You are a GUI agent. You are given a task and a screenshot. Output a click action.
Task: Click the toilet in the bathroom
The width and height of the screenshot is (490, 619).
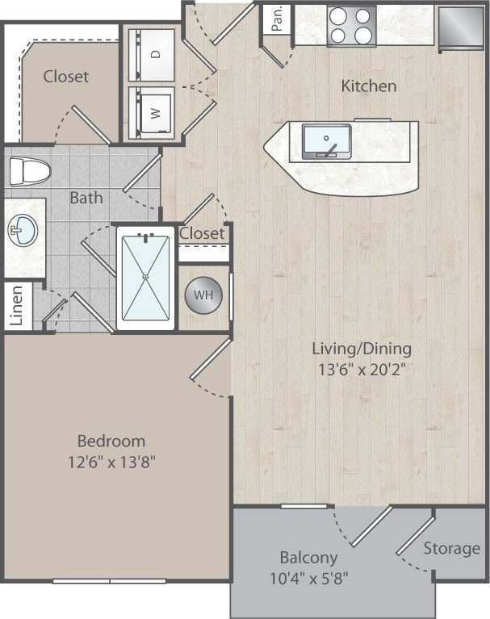29,171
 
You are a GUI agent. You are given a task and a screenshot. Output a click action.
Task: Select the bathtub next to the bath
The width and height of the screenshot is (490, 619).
145,278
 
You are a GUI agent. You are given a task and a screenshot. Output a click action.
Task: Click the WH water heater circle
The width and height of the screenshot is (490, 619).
203,295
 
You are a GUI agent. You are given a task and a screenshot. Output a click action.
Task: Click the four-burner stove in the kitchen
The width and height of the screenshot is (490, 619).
351,26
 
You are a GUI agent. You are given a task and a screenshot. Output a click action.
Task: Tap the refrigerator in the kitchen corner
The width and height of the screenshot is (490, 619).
461,26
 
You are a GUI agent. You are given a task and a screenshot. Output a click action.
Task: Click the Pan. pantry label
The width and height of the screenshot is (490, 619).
277,19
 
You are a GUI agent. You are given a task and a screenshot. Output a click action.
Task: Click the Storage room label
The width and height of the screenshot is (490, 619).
451,549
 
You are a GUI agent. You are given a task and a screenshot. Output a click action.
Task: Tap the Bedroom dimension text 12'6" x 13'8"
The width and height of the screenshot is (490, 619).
111,463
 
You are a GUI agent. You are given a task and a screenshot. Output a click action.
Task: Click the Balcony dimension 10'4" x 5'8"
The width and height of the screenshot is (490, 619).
308,579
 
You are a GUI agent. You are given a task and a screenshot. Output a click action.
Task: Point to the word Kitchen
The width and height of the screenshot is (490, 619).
368,86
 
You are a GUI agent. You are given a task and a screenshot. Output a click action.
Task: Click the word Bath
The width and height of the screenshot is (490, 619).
86,197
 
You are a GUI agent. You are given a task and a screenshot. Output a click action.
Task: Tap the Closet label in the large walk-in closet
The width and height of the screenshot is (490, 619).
66,77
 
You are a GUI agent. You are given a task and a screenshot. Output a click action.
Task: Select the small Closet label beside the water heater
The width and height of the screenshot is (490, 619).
202,233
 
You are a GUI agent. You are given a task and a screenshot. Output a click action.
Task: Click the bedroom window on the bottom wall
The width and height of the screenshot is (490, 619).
110,580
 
